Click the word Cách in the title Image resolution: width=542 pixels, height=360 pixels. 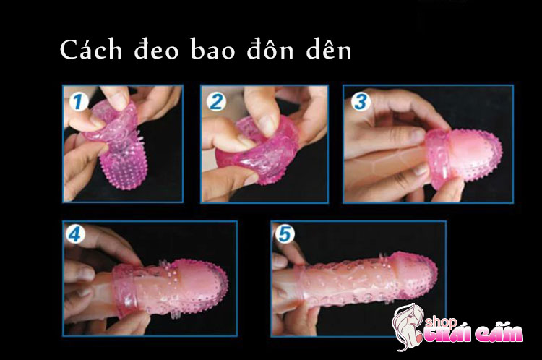click(x=91, y=49)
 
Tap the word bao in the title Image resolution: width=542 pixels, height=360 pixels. click(x=212, y=49)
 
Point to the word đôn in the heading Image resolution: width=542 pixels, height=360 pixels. click(x=270, y=49)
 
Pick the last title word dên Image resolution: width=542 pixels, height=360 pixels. click(x=329, y=49)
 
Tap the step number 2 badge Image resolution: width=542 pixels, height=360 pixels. click(x=216, y=101)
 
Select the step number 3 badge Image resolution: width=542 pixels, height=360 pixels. click(x=361, y=102)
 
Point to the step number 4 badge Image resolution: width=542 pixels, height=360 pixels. click(x=75, y=234)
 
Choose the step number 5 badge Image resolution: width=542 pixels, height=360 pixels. click(x=285, y=234)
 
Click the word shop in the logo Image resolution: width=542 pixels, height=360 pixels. click(x=440, y=322)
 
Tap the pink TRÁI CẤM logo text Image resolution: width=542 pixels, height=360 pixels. click(x=473, y=335)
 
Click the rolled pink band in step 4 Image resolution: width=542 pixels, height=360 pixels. click(x=125, y=291)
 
